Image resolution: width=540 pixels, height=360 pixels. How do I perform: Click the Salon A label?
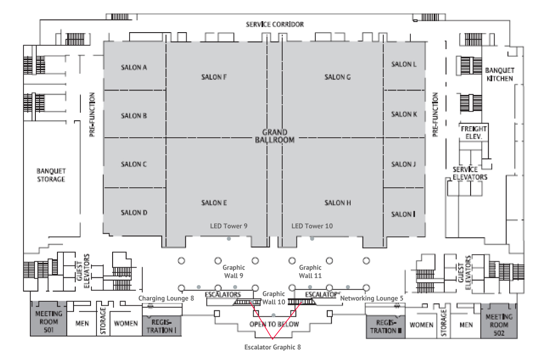tap(134, 67)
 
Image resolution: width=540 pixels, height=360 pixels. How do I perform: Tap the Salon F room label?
tap(214, 77)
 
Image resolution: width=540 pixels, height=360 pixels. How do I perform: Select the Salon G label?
tap(337, 77)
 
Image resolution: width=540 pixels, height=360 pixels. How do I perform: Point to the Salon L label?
tap(404, 64)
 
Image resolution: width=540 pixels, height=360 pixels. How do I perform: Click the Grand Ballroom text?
tap(274, 136)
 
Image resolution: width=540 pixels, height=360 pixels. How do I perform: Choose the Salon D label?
tap(134, 213)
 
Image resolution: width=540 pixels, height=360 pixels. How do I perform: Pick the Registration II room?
tap(385, 326)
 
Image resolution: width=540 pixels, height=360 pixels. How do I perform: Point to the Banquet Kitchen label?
tap(499, 74)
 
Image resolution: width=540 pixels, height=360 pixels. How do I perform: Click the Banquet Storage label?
tap(51, 175)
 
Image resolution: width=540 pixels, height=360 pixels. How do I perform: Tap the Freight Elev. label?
tap(473, 133)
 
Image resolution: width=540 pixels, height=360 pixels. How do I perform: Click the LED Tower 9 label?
tap(229, 226)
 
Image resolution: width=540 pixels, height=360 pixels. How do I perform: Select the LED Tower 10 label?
tap(312, 226)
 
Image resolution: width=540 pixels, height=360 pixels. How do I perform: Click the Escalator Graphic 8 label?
tap(273, 347)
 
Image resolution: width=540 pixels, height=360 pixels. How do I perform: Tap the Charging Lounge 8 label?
tap(166, 298)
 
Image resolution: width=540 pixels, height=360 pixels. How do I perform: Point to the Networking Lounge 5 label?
tap(372, 298)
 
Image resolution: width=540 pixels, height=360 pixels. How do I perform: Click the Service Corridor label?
tap(274, 24)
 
